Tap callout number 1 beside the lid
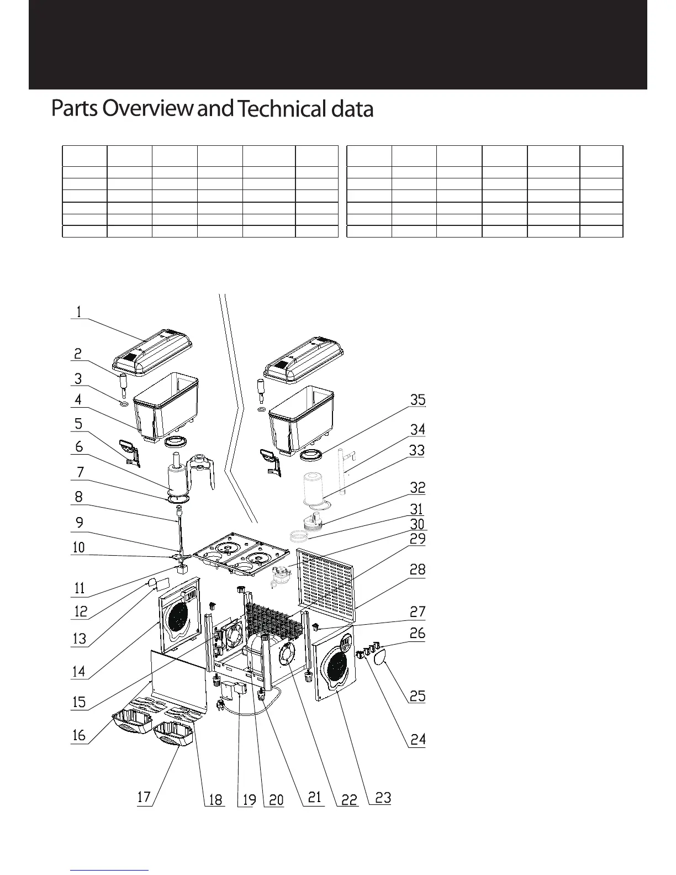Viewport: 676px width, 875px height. [79, 312]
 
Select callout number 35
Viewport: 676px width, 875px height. [418, 399]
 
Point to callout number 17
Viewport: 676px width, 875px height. [144, 797]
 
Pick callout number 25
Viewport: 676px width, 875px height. [418, 695]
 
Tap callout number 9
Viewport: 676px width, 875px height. [80, 522]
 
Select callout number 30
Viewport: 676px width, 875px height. [418, 524]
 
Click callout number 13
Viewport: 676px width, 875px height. [80, 639]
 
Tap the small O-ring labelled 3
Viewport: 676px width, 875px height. [124, 404]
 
